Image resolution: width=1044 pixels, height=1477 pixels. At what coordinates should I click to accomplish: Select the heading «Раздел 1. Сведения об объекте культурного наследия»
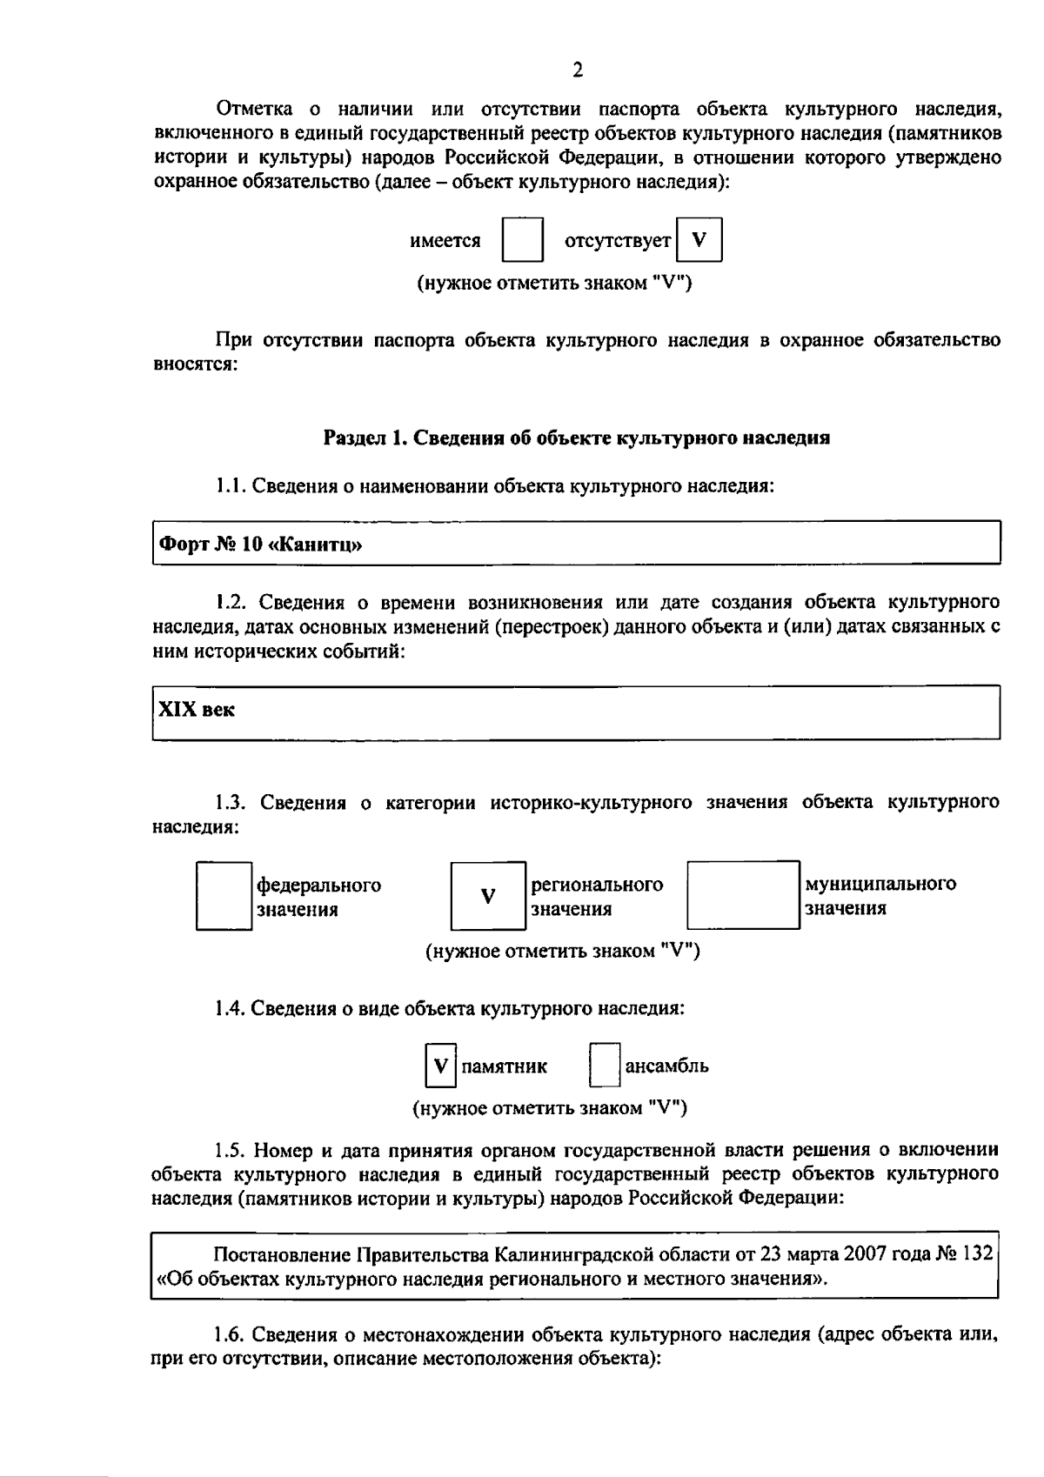pyautogui.click(x=576, y=438)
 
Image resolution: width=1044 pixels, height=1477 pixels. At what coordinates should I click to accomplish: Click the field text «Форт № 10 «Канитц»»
pyautogui.click(x=259, y=545)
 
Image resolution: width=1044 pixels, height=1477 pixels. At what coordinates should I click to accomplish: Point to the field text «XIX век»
pyautogui.click(x=196, y=709)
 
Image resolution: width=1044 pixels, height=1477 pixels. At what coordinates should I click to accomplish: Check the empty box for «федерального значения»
pyautogui.click(x=224, y=896)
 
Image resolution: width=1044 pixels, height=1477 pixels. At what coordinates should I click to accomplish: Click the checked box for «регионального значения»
pyautogui.click(x=488, y=896)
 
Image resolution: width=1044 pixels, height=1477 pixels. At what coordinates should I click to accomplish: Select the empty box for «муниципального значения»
pyautogui.click(x=743, y=896)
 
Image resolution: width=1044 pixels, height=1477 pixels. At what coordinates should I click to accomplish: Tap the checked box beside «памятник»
pyautogui.click(x=440, y=1065)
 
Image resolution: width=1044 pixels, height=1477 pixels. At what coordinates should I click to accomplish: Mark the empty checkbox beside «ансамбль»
pyautogui.click(x=604, y=1065)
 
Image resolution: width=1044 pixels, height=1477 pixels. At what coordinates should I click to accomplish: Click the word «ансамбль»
pyautogui.click(x=666, y=1066)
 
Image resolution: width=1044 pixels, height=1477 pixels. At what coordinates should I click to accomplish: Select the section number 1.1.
pyautogui.click(x=231, y=486)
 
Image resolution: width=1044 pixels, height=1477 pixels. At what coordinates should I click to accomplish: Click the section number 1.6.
pyautogui.click(x=231, y=1334)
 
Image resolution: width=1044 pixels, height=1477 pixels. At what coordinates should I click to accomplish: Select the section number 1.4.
pyautogui.click(x=231, y=1008)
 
